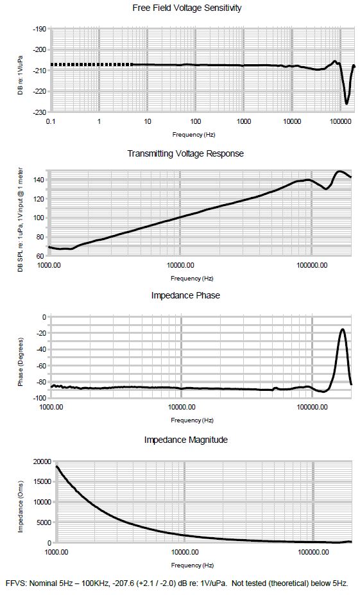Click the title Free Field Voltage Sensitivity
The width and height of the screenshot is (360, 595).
pyautogui.click(x=187, y=8)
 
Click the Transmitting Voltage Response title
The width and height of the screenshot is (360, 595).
pyautogui.click(x=185, y=153)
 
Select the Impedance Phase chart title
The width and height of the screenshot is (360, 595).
pyautogui.click(x=185, y=295)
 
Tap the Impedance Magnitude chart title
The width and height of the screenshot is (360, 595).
pyautogui.click(x=186, y=440)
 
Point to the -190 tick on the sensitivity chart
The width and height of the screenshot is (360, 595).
pyautogui.click(x=39, y=30)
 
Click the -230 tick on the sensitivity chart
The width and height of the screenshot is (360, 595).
pyautogui.click(x=39, y=112)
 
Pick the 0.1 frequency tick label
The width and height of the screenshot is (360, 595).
pyautogui.click(x=51, y=121)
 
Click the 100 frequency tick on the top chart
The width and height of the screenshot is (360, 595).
pyautogui.click(x=195, y=121)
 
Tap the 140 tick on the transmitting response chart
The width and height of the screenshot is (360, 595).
pyautogui.click(x=39, y=180)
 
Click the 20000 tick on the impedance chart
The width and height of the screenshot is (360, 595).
pyautogui.click(x=42, y=461)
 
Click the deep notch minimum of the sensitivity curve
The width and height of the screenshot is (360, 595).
pyautogui.click(x=347, y=103)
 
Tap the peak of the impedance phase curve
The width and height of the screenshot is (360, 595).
pyautogui.click(x=343, y=329)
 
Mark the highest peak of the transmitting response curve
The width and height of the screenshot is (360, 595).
pyautogui.click(x=339, y=171)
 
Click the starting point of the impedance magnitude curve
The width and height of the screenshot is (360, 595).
pyautogui.click(x=56, y=466)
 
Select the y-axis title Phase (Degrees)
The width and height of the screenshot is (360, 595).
pyautogui.click(x=21, y=361)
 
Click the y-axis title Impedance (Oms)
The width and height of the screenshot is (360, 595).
pyautogui.click(x=21, y=506)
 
